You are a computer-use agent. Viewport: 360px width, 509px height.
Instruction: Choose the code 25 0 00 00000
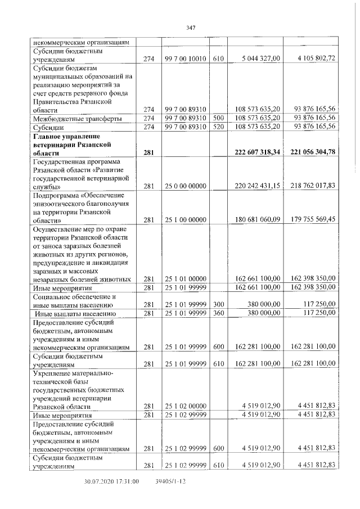tap(186, 186)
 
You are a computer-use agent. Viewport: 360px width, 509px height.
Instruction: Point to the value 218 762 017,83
tap(310, 186)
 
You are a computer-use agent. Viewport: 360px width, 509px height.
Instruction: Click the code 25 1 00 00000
tap(186, 220)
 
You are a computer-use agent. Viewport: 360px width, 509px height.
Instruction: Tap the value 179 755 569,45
tap(310, 220)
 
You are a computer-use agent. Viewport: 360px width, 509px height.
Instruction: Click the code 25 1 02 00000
tap(186, 406)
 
